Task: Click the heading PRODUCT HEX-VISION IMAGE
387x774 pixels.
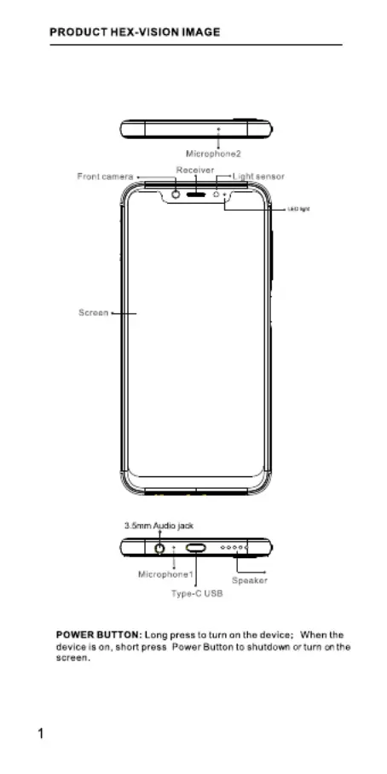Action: click(135, 32)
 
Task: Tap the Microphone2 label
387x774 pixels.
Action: click(213, 154)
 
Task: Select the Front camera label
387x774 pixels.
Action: click(105, 177)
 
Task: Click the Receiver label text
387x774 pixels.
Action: click(195, 170)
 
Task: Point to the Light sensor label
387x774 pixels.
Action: click(258, 177)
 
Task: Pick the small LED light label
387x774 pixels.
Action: click(298, 209)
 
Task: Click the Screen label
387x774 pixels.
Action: click(93, 312)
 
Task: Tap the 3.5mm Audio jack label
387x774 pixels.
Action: click(159, 526)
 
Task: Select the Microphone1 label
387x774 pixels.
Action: click(165, 574)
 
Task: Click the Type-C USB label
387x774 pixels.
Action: click(197, 593)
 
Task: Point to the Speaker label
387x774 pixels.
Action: click(250, 580)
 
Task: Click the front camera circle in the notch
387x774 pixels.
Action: click(176, 194)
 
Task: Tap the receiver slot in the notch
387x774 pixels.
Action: click(196, 194)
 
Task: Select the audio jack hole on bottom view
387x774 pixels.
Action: click(159, 548)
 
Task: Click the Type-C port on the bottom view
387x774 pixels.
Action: click(196, 547)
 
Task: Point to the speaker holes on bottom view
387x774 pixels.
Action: click(234, 547)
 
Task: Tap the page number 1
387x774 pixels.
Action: click(41, 734)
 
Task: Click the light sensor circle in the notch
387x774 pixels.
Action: click(216, 194)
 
